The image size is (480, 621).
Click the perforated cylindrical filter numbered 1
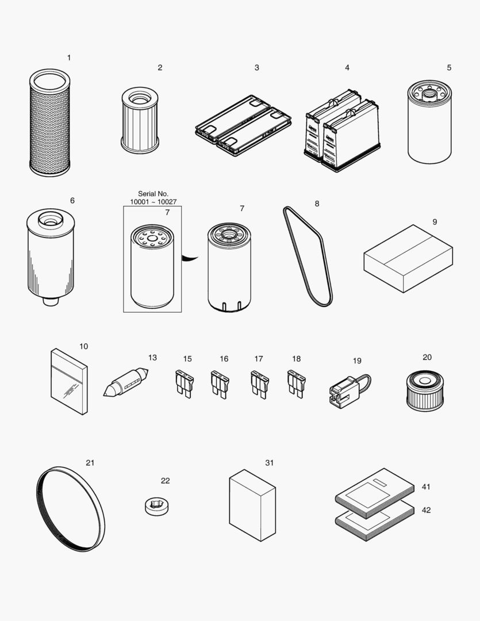[x=49, y=123]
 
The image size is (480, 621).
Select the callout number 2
[x=160, y=68]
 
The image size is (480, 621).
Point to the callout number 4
[x=347, y=68]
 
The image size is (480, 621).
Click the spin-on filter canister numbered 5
[x=429, y=123]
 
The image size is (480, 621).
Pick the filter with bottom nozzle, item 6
[x=50, y=256]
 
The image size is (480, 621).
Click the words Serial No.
[x=153, y=194]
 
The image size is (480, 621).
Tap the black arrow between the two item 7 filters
[x=190, y=258]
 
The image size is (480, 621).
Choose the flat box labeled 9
[x=408, y=258]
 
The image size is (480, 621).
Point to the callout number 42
[x=426, y=511]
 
